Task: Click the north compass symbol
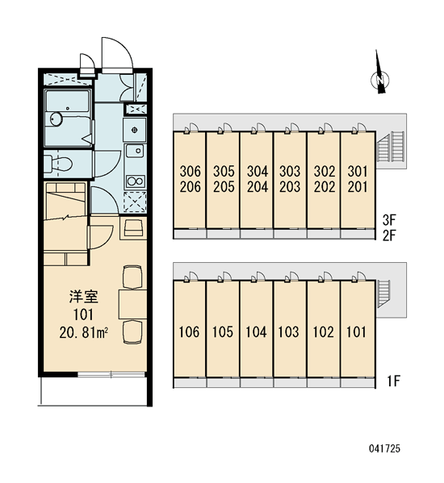point(380,80)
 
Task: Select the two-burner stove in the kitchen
point(136,181)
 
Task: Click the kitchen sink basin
point(135,151)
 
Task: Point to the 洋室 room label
point(84,297)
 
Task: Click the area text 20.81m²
point(84,333)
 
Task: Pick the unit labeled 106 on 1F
point(190,331)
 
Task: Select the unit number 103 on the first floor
point(289,331)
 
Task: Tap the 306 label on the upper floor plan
point(190,171)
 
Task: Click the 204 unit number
point(258,187)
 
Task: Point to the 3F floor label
point(389,220)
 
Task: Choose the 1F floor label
point(393,381)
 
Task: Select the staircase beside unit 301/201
point(391,147)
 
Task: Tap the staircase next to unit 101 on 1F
point(384,294)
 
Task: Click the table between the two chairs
point(133,304)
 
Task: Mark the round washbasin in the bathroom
point(57,119)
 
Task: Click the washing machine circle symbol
point(135,130)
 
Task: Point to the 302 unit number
point(325,171)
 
